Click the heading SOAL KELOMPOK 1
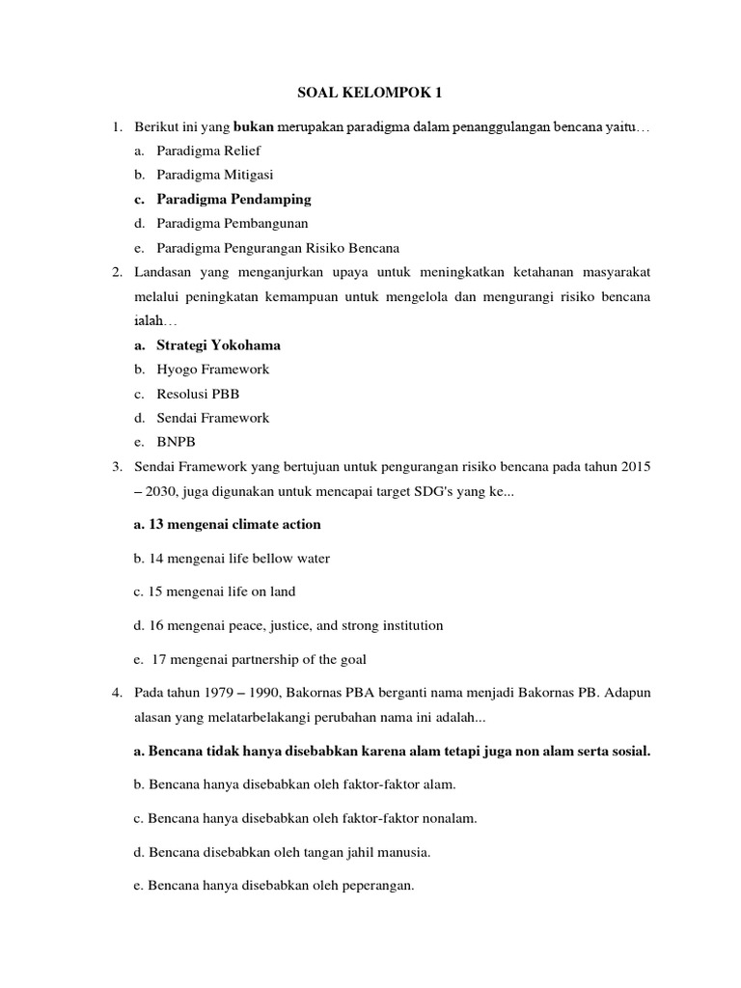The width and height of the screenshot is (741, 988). click(370, 94)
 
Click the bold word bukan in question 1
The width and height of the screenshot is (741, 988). click(254, 127)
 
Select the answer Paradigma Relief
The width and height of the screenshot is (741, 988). click(208, 151)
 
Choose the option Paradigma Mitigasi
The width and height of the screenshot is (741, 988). click(215, 175)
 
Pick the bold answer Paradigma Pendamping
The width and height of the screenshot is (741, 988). click(233, 199)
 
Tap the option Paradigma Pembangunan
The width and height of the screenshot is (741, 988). click(227, 223)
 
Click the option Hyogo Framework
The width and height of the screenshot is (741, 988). click(212, 369)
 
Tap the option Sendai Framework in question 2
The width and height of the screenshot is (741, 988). click(212, 418)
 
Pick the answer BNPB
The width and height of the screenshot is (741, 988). click(177, 442)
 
